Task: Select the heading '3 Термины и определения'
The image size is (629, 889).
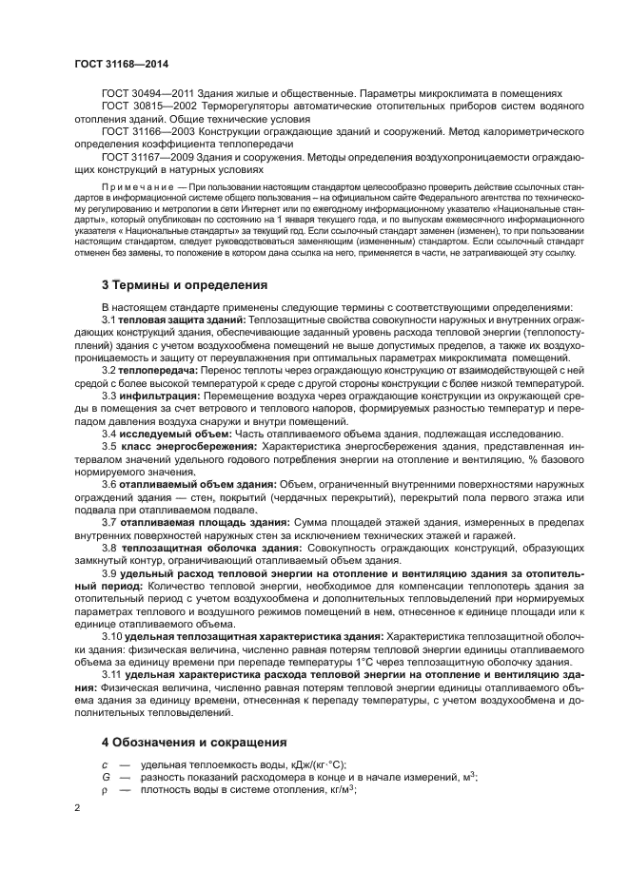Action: (x=185, y=284)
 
